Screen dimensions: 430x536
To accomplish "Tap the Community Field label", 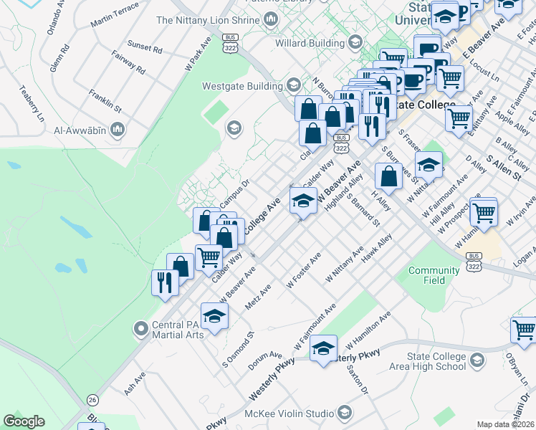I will pos(434,275).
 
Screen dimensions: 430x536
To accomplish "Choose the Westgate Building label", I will pos(242,86).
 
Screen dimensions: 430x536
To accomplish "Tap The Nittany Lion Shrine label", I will pos(207,20).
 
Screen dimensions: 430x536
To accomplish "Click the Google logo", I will pos(24,421).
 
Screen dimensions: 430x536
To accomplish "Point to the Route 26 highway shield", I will pos(92,399).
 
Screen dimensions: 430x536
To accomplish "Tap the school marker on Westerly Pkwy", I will pos(324,349).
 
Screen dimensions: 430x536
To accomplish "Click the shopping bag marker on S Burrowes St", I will pos(388,176).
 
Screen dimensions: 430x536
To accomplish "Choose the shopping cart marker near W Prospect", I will pos(484,211).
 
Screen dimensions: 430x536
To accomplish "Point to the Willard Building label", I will pos(310,43).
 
